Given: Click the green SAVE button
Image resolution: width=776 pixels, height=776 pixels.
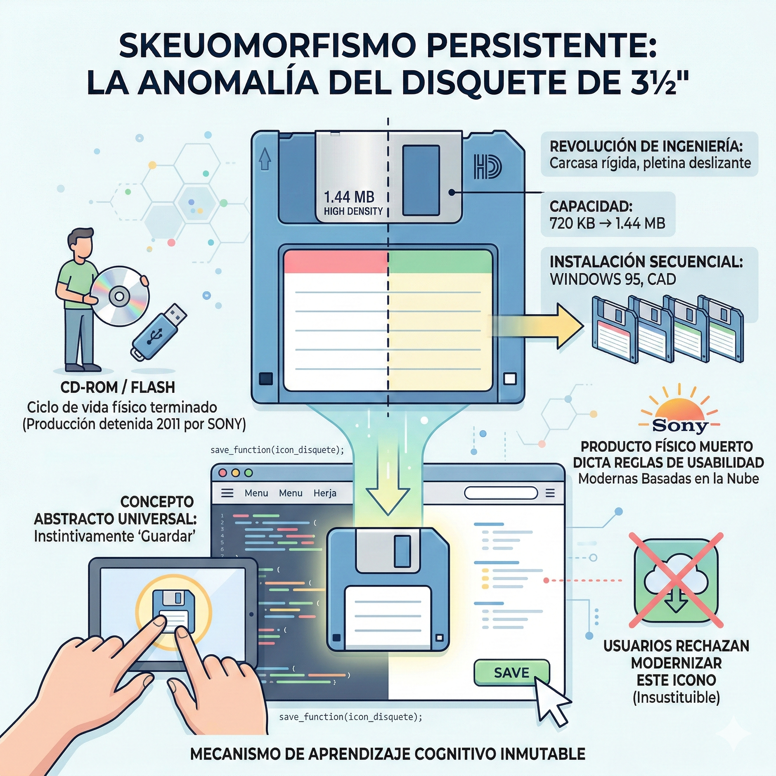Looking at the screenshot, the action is click(511, 673).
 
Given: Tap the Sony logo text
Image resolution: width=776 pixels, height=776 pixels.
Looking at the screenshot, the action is click(680, 425).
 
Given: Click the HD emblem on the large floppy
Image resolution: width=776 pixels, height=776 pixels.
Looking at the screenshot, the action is click(488, 166).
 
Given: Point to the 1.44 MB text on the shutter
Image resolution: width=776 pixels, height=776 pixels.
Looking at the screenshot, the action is click(349, 197).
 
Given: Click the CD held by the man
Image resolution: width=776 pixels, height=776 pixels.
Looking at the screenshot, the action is click(119, 296).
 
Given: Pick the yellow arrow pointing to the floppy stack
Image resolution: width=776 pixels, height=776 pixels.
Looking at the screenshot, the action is click(536, 325).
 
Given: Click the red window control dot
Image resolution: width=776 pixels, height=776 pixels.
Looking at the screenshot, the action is click(222, 473).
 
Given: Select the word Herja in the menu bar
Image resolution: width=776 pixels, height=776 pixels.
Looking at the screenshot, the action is click(325, 493).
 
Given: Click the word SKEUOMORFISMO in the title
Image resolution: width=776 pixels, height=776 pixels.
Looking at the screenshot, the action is click(267, 47).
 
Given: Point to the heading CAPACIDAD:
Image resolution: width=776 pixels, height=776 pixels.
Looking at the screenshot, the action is click(591, 207).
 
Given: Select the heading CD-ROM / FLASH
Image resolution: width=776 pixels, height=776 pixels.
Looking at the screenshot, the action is click(118, 387).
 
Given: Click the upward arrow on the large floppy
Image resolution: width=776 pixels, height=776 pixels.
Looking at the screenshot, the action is click(265, 159).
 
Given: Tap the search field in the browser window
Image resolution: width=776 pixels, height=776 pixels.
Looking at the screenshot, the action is click(501, 493).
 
